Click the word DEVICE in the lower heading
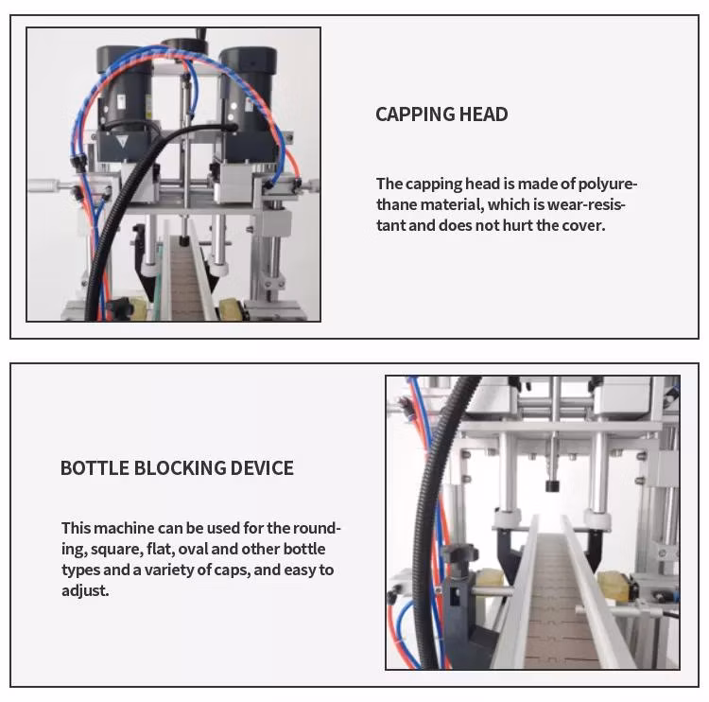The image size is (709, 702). pyautogui.click(x=263, y=468)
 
